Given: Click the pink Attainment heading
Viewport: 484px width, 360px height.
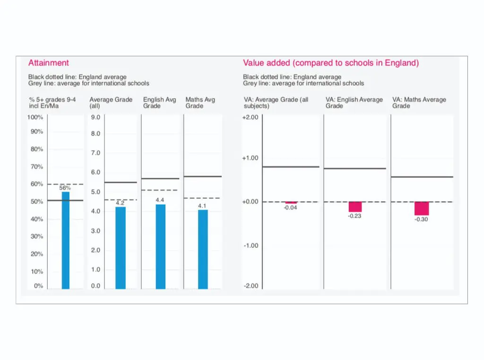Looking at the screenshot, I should (x=48, y=63).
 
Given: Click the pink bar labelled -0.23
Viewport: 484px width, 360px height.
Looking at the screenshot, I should (x=355, y=207).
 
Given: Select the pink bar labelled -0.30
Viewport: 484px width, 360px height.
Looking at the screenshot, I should (x=421, y=209).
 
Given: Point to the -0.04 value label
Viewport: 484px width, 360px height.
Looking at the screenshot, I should (x=290, y=208).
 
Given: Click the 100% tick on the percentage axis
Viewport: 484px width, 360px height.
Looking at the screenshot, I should (x=35, y=117).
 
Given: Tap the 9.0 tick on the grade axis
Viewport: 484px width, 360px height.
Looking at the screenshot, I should (x=95, y=117).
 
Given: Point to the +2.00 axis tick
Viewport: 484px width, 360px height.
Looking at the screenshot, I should (x=250, y=117).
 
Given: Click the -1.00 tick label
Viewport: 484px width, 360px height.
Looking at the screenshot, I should (x=251, y=246).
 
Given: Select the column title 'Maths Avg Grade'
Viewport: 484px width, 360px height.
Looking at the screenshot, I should (x=200, y=103).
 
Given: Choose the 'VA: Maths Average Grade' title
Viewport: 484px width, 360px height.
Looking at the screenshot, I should (x=419, y=103).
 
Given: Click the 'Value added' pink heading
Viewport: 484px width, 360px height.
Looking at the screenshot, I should (x=331, y=63).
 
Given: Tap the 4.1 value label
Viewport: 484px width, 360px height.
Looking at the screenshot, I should (x=202, y=206).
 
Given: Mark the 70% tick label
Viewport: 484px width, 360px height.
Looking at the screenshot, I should (x=37, y=167).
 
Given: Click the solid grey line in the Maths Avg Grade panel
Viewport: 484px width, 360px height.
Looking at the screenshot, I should (x=203, y=176).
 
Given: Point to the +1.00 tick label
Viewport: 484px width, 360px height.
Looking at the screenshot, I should (x=250, y=158).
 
